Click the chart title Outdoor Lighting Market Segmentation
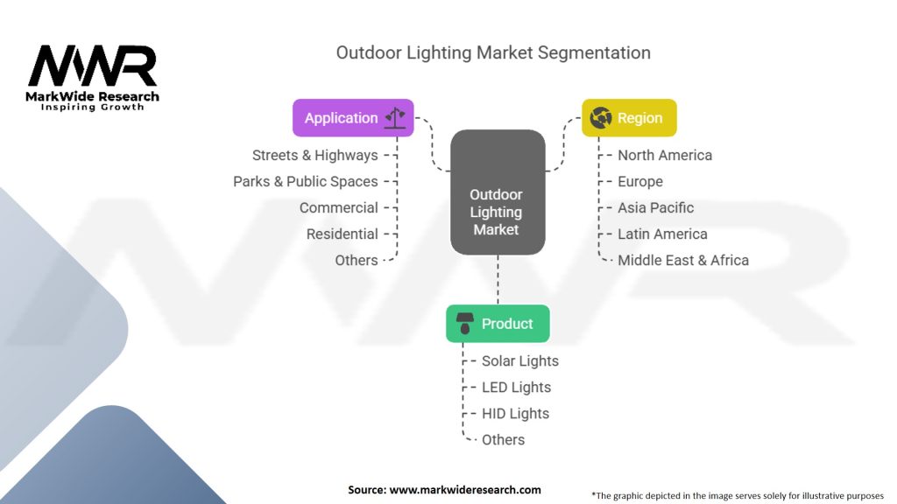(x=493, y=52)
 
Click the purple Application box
(x=353, y=118)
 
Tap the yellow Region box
(x=629, y=118)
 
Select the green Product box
(x=498, y=324)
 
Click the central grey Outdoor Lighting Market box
(x=497, y=212)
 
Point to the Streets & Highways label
(x=315, y=155)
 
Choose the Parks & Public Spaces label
(x=306, y=181)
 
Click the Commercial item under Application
(x=339, y=207)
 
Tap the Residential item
(x=343, y=234)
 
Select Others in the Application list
(x=357, y=260)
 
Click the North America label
(x=665, y=155)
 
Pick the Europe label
(x=640, y=181)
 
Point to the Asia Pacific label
(x=655, y=207)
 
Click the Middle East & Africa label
(x=683, y=260)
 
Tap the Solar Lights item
(x=520, y=360)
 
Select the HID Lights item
(x=516, y=413)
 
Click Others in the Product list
(x=504, y=439)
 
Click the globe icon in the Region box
(x=600, y=118)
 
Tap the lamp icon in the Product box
(x=464, y=324)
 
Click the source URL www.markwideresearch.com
(x=464, y=490)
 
